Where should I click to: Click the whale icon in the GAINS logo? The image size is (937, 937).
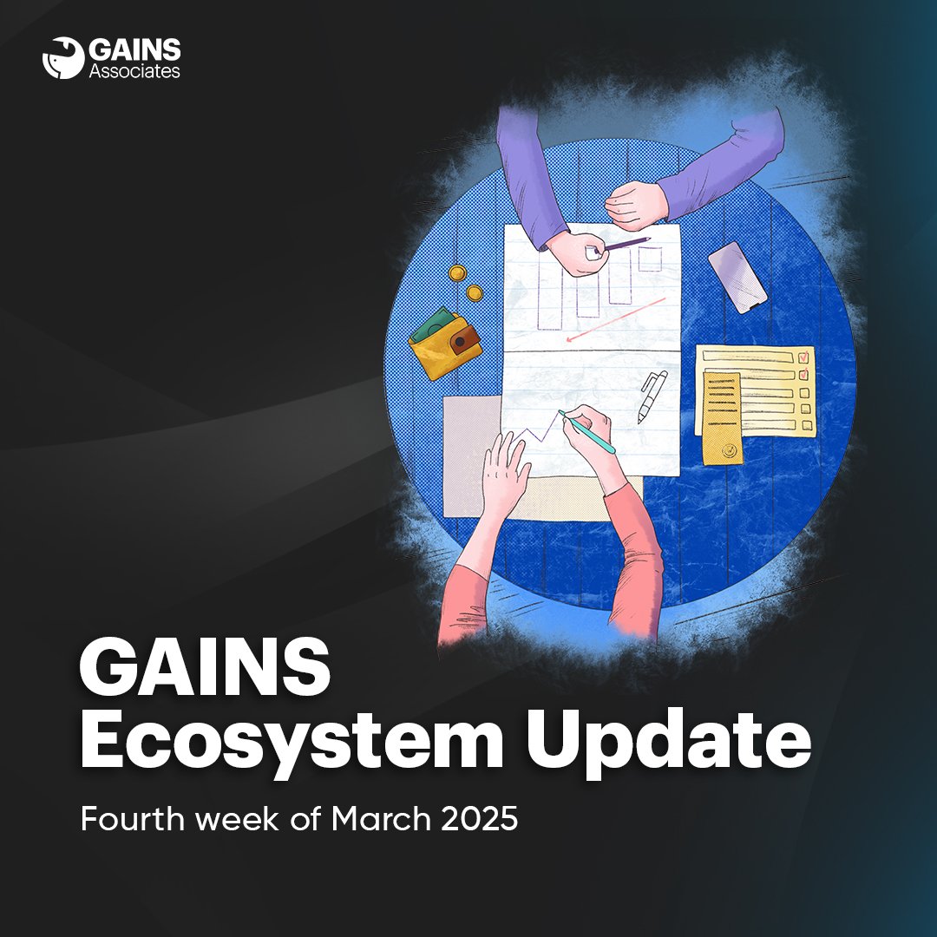click(x=62, y=58)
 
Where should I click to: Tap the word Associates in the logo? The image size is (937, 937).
click(x=134, y=72)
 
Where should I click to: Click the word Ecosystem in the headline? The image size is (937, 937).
click(x=292, y=742)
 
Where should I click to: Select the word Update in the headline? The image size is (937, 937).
click(x=668, y=742)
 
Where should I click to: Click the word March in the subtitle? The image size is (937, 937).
click(x=381, y=819)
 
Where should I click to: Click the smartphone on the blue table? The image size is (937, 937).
click(x=737, y=278)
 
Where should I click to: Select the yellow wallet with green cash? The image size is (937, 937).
click(x=444, y=343)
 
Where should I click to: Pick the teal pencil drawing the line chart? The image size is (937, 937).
click(x=586, y=431)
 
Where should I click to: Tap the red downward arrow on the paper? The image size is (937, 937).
click(x=615, y=319)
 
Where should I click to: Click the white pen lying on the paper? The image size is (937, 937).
click(x=652, y=396)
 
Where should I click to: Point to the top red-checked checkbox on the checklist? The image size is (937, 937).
click(x=803, y=357)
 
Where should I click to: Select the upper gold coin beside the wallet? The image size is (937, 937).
click(x=458, y=273)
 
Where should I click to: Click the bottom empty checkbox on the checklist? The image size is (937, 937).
click(x=808, y=425)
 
